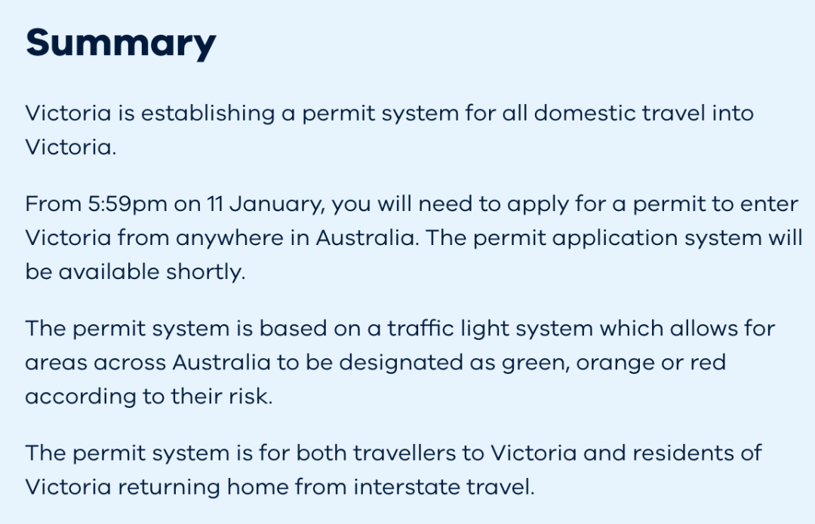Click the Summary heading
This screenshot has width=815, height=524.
pos(121,44)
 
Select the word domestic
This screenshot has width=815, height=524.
pos(585,113)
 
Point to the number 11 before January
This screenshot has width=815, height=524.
pos(215,204)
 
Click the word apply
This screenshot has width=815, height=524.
pos(538,204)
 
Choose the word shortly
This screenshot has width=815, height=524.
pos(205,272)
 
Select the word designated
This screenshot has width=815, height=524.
pos(401,363)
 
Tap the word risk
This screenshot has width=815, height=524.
pos(251,396)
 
